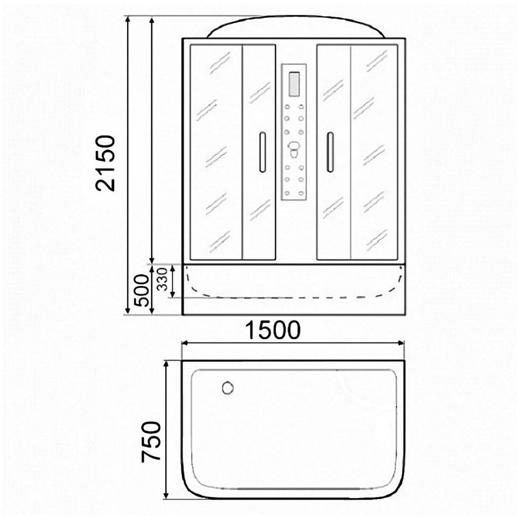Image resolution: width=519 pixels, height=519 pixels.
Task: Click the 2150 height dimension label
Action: click(106, 163)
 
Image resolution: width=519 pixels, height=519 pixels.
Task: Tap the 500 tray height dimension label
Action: click(142, 290)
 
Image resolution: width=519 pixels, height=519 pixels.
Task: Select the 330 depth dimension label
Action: click(162, 279)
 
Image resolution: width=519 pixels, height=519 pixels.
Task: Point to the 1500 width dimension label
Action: click(273, 330)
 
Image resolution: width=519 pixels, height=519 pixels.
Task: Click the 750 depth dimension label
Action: click(151, 441)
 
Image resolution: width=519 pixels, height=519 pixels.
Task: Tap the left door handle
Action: click(262, 152)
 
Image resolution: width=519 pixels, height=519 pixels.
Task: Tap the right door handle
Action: click(330, 152)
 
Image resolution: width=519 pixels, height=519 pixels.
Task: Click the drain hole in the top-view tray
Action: click(228, 388)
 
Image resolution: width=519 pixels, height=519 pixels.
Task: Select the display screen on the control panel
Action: click(294, 84)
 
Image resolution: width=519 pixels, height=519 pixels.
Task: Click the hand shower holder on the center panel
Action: click(293, 150)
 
